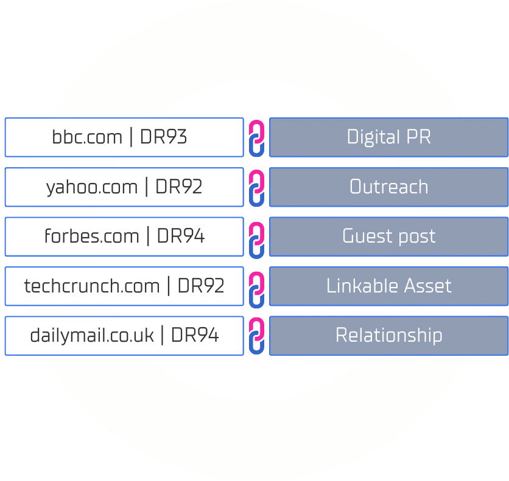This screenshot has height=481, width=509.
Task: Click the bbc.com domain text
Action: tap(87, 137)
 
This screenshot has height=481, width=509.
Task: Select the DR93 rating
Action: tap(163, 137)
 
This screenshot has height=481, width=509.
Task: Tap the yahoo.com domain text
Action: tap(92, 187)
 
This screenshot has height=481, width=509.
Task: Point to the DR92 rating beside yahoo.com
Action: tap(178, 187)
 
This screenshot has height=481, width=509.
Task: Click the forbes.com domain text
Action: tap(92, 236)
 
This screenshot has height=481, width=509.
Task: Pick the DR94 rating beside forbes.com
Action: tap(181, 236)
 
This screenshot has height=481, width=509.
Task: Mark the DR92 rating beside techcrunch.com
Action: tap(201, 285)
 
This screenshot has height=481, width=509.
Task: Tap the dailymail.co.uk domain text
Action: tap(92, 335)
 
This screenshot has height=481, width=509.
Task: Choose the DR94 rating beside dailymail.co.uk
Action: tap(195, 335)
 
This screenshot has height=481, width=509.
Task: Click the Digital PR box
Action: tap(388, 137)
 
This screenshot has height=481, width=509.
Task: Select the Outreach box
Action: tap(388, 187)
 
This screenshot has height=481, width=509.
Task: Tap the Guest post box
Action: tap(388, 236)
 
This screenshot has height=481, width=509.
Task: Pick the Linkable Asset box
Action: tap(388, 285)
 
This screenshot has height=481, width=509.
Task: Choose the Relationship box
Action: tap(388, 335)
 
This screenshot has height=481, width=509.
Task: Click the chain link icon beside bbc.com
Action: tap(257, 137)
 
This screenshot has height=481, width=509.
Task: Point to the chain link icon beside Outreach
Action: tap(257, 187)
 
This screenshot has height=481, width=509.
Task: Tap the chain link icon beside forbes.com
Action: tap(257, 237)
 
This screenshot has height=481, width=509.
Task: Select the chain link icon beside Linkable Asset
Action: tap(257, 286)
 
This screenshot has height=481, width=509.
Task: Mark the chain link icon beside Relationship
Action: tap(257, 336)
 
